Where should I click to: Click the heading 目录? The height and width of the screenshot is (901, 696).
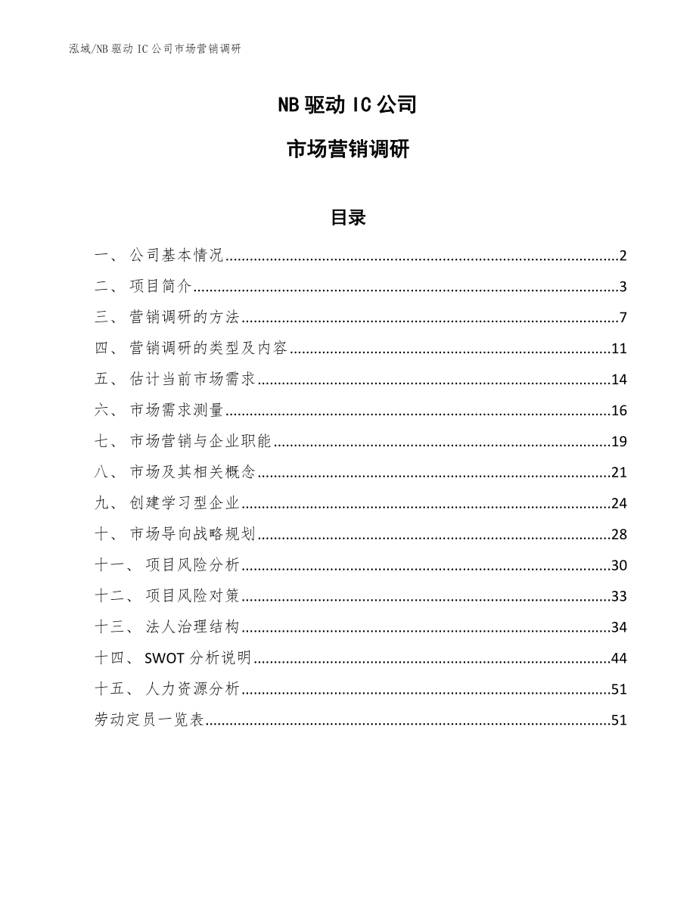pos(348,218)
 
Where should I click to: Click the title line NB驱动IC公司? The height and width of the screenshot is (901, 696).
pos(348,105)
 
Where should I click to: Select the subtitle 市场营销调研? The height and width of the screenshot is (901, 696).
pos(348,150)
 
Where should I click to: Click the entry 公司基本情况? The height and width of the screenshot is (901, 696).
pos(176,256)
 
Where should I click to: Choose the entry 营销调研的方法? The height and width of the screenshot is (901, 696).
pos(185,318)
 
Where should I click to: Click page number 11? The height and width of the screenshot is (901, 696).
pos(620,349)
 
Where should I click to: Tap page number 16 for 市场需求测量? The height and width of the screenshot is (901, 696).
pos(620,411)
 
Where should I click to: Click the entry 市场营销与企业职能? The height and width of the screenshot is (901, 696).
pos(200,442)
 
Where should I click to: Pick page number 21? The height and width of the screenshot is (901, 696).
pos(620,473)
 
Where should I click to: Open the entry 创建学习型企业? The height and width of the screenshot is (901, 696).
pos(185,504)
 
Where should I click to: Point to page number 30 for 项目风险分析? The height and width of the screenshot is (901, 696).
pos(620,566)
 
